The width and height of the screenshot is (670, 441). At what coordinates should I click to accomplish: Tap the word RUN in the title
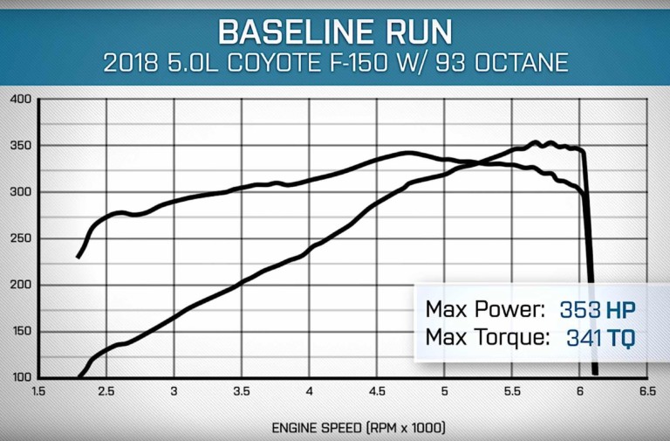coord(417,31)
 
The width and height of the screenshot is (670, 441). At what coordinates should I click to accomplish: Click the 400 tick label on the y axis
coord(21,100)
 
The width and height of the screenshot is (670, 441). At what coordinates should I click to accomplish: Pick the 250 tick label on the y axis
coord(21,238)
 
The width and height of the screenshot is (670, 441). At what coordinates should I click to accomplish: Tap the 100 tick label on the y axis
coord(22,377)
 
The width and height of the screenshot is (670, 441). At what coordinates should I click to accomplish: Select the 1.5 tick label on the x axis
coord(38,391)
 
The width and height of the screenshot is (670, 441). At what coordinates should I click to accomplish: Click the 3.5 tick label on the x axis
coord(242,391)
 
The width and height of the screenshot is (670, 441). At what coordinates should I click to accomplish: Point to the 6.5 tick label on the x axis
coord(648,391)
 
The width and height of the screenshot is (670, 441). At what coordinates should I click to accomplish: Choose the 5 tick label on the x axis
coord(444,391)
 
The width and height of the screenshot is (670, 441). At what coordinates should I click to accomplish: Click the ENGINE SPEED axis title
coord(359,428)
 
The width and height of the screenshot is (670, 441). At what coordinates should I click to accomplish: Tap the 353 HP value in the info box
coord(598,310)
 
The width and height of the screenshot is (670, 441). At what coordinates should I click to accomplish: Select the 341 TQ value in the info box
coord(601,338)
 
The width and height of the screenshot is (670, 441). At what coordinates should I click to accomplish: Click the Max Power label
coord(485,309)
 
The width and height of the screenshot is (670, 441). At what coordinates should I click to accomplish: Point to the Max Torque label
coord(488,337)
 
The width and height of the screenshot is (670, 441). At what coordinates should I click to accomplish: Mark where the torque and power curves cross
coord(477,162)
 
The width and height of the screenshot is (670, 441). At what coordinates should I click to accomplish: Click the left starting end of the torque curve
coord(78,258)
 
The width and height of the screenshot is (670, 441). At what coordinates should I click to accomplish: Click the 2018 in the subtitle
coord(131,63)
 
